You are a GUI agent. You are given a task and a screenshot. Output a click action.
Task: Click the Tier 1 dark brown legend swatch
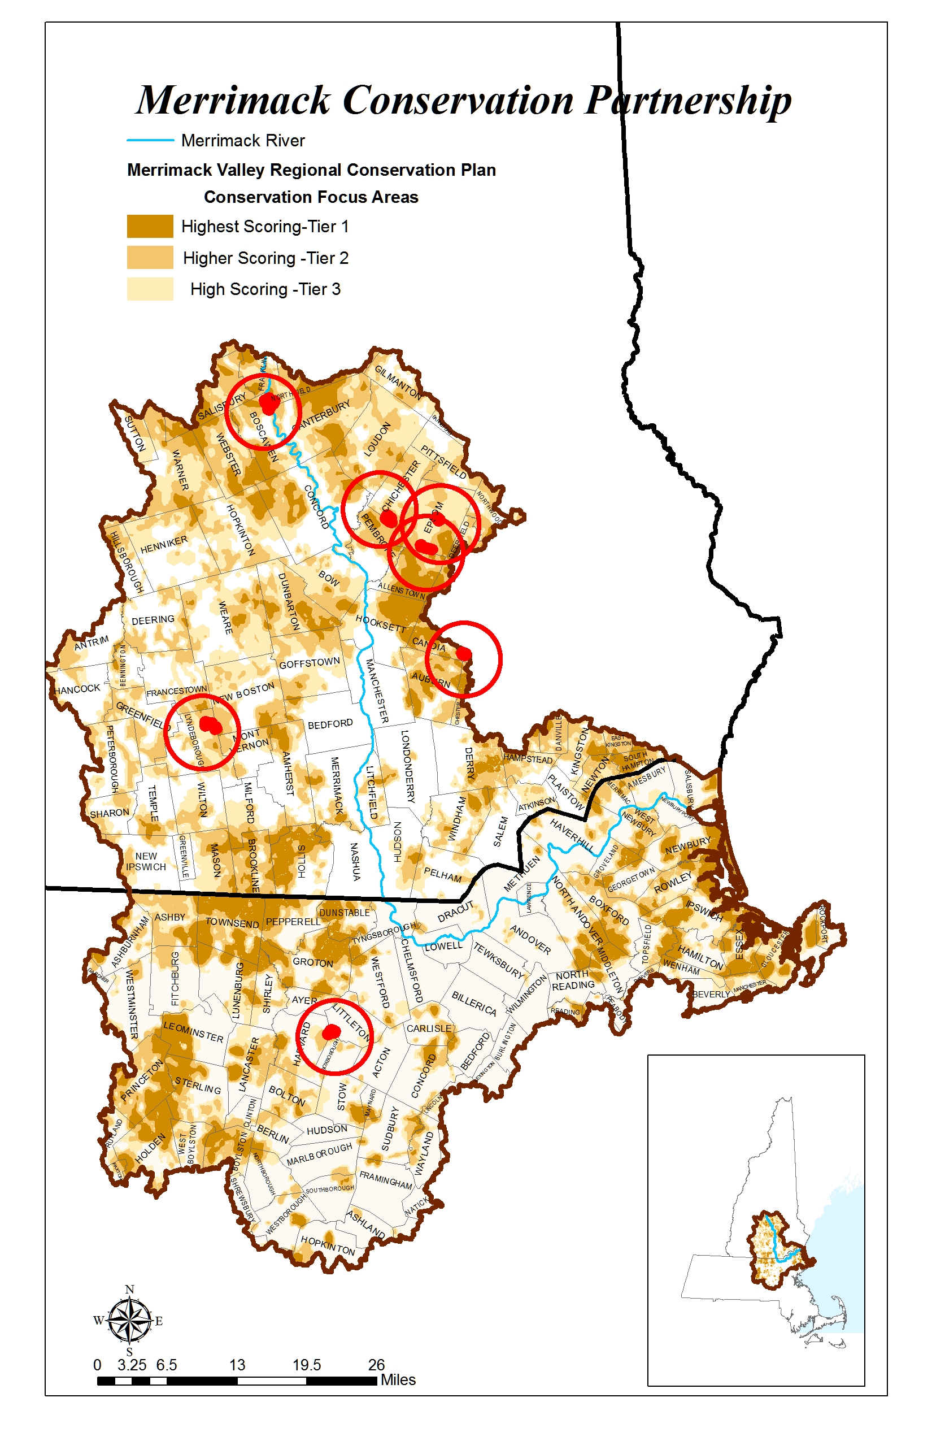tap(150, 227)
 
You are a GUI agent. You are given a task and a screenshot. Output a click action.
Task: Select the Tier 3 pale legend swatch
tap(150, 289)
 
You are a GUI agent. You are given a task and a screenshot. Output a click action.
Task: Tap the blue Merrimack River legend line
tap(150, 141)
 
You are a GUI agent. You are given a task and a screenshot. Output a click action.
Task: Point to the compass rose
tap(129, 1321)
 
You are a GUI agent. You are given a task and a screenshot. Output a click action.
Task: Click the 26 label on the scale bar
tap(376, 1365)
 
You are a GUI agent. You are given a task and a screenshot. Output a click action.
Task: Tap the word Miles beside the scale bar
tap(398, 1380)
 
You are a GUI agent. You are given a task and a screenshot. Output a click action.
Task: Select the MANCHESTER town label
tap(376, 691)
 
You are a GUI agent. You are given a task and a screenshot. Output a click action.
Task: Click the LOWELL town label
tap(443, 946)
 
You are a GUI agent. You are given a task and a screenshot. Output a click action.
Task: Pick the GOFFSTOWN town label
tap(310, 663)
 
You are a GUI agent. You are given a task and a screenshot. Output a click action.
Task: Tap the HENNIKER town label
tap(164, 544)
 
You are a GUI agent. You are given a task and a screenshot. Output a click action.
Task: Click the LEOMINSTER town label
tap(193, 1032)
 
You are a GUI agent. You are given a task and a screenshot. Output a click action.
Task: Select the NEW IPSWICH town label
tap(146, 861)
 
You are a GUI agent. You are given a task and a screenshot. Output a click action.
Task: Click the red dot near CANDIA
tap(464, 653)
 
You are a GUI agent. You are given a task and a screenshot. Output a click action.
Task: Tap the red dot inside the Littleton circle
tap(331, 1032)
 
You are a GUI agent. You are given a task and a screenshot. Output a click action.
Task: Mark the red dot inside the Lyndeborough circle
tap(211, 724)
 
